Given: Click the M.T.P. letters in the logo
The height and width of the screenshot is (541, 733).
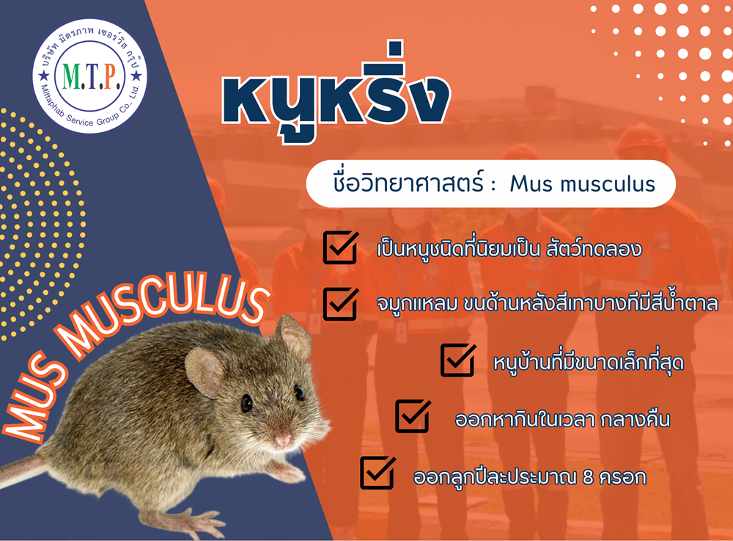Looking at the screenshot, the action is click(x=91, y=76).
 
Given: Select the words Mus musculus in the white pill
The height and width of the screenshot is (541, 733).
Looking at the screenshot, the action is click(x=583, y=184).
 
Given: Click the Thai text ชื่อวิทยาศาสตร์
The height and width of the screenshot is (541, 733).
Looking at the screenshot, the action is click(x=408, y=182).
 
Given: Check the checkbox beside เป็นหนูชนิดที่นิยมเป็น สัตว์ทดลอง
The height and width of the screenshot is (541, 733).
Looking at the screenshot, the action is click(x=340, y=247).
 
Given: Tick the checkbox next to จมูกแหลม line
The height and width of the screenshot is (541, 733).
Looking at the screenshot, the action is click(x=340, y=304).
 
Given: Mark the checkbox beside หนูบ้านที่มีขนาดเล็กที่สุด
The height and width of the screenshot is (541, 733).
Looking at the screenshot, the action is click(x=458, y=360).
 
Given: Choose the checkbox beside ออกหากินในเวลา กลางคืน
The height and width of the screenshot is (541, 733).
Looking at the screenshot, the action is click(x=413, y=416).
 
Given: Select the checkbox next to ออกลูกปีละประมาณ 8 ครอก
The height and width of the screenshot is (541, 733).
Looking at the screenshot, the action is click(x=377, y=473).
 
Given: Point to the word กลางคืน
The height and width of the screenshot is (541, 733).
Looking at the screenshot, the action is click(x=635, y=419).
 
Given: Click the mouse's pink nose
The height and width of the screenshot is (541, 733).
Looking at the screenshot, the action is click(x=282, y=440).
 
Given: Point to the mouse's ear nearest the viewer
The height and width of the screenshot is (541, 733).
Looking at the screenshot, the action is click(x=205, y=373).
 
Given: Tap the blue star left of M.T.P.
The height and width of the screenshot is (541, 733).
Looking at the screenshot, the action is click(x=45, y=76).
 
